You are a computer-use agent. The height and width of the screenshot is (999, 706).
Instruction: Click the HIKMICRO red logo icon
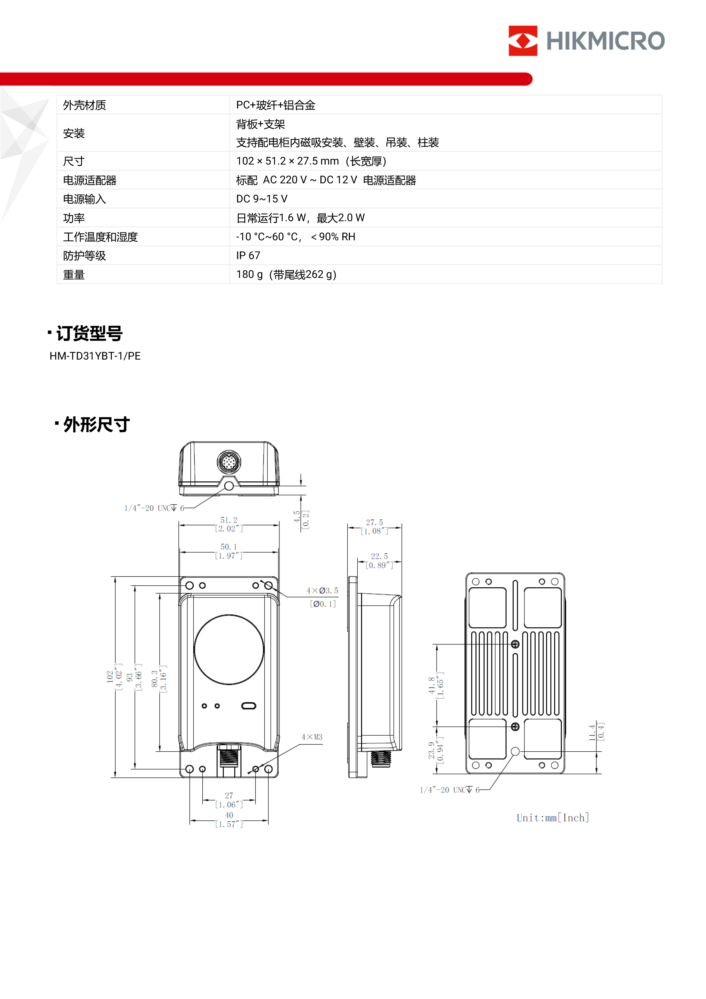(x=522, y=40)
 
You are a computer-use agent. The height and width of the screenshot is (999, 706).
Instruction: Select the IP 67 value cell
(x=248, y=255)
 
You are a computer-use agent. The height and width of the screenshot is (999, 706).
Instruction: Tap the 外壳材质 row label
(x=85, y=105)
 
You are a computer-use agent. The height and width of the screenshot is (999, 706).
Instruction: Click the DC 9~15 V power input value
(x=262, y=199)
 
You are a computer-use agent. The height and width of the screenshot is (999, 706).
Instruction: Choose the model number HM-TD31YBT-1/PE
(x=95, y=356)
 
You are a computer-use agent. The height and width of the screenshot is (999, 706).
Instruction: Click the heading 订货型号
(x=89, y=333)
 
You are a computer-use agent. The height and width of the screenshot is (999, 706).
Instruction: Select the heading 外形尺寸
(x=96, y=424)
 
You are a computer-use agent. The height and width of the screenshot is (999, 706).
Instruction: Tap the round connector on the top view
(x=229, y=462)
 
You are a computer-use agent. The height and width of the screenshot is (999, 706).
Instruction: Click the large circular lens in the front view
(x=229, y=649)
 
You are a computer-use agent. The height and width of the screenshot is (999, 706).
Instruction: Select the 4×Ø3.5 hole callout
(x=322, y=591)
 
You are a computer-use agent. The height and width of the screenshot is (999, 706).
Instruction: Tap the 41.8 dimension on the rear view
(x=431, y=685)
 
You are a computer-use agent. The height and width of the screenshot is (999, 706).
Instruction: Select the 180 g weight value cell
(x=286, y=274)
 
